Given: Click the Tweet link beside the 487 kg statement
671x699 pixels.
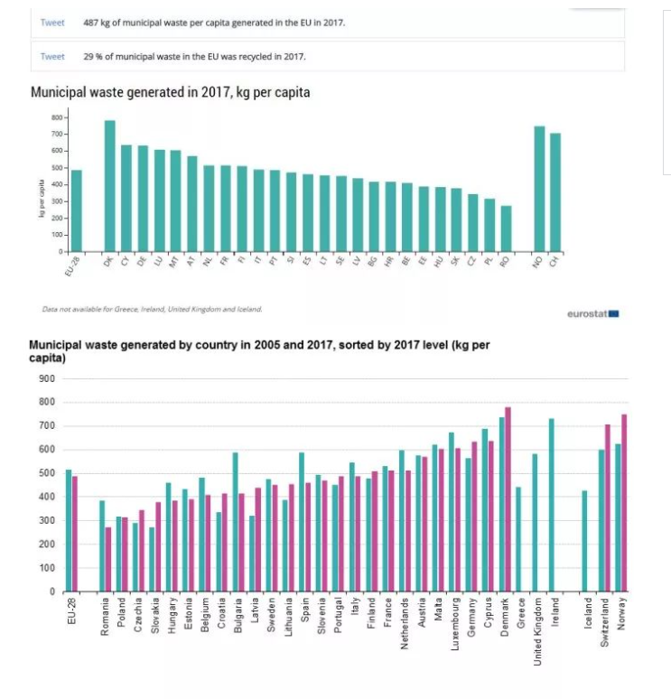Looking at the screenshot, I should point(52,23).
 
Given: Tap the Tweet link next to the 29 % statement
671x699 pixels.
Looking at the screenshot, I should point(52,56).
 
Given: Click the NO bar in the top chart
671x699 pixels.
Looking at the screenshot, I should point(539,189).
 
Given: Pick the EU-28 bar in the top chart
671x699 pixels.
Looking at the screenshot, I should point(77,210).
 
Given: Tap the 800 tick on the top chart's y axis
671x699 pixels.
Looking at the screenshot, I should point(56,117).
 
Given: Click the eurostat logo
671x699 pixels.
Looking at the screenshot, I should point(592,314).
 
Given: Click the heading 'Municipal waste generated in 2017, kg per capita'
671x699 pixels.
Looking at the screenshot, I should point(171,93).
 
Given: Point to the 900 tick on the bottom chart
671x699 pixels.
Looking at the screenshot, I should point(47,378).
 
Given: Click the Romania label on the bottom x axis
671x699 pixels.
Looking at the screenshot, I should point(105,619).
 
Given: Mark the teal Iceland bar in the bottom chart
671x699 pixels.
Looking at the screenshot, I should point(584,541).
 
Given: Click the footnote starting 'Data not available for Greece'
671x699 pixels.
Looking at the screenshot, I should point(152,309).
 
